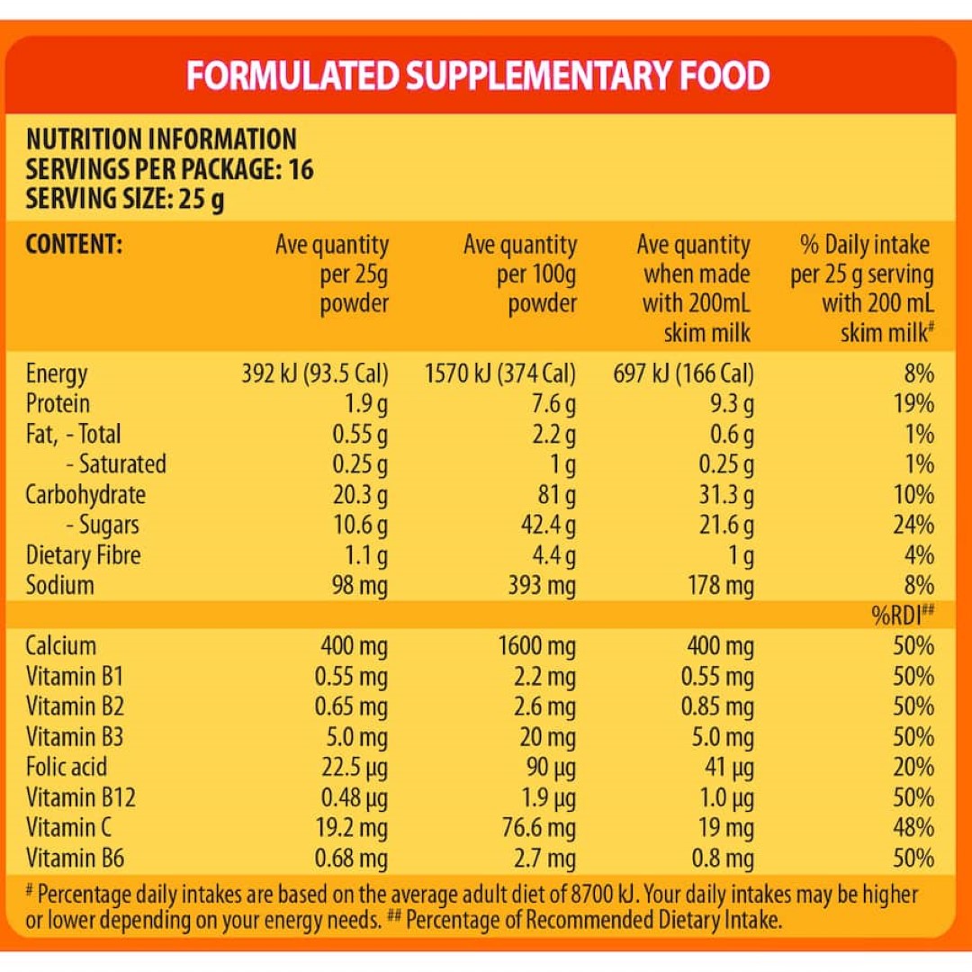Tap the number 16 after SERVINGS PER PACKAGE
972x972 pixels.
[x=301, y=169]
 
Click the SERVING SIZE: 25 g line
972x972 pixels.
[x=125, y=198]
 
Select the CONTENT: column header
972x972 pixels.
[x=73, y=245]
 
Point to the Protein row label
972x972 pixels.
[x=58, y=403]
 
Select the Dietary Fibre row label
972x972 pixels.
[x=83, y=555]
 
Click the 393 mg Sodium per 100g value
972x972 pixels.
[x=538, y=586]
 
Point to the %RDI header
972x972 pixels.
[x=902, y=616]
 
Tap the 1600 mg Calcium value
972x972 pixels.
[x=536, y=645]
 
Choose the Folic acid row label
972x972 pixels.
[x=67, y=767]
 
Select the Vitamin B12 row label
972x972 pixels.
[x=81, y=797]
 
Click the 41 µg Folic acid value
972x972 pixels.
[x=730, y=767]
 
